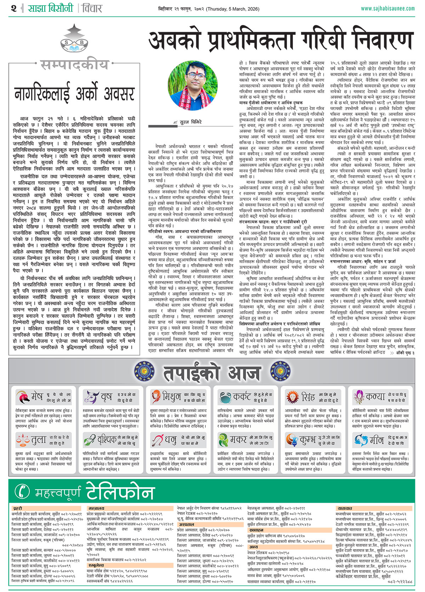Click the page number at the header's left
pos(13,8)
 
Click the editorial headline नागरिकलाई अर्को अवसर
pos(74,94)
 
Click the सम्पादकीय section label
pos(74,65)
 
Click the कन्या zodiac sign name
pos(375,397)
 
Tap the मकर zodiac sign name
pos(238,440)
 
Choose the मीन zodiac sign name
pos(376,440)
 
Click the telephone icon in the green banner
pos(22,491)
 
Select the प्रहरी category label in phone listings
pos(18,508)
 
